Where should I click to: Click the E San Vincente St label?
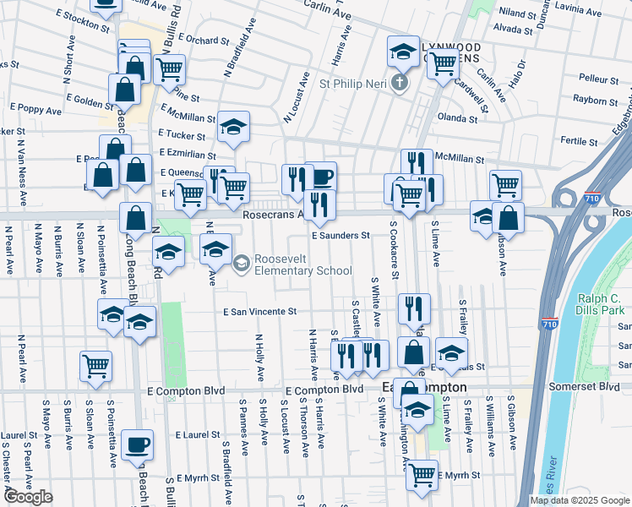(259, 312)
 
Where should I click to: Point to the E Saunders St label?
(341, 236)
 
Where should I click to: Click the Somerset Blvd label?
(597, 386)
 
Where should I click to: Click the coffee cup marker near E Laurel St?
(137, 444)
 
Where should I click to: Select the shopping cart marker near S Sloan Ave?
(96, 366)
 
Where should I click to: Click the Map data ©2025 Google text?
(580, 500)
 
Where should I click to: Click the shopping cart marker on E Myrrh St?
(421, 472)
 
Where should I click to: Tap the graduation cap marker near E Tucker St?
(233, 126)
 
